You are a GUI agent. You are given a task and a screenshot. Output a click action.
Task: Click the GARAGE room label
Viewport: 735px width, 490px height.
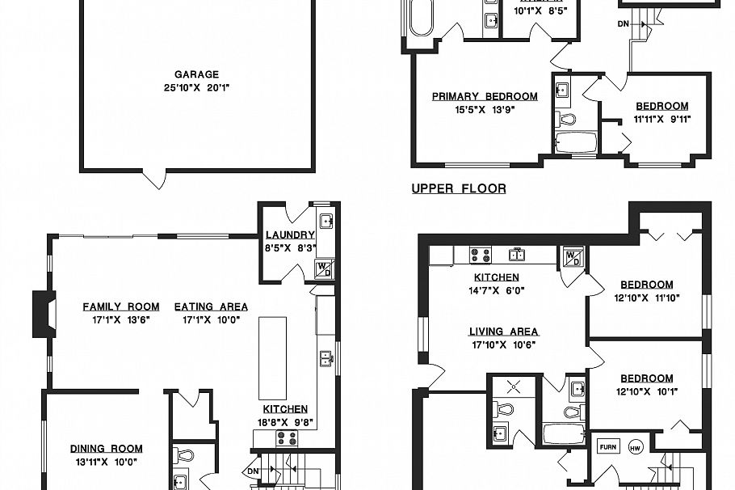[x=196, y=75]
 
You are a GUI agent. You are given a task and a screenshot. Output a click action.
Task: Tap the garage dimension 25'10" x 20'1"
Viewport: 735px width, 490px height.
[x=196, y=87]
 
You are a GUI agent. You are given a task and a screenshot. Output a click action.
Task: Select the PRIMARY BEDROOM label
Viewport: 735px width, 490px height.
[x=485, y=96]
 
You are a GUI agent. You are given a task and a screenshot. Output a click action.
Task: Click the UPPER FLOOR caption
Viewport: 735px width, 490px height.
[x=459, y=189]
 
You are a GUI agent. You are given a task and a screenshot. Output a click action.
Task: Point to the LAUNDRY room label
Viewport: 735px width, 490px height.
[x=290, y=235]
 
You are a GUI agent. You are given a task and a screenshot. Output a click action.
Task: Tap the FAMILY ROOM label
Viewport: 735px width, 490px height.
[x=120, y=306]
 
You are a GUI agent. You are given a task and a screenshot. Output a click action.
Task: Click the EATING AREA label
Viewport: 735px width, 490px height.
[x=211, y=306]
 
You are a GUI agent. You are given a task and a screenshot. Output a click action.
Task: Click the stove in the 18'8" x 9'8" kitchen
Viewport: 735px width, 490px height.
[x=287, y=437]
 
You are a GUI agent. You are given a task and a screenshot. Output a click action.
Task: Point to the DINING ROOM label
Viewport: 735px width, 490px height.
[x=106, y=449]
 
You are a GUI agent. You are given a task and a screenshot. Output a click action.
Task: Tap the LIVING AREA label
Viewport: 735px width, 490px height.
[x=503, y=332]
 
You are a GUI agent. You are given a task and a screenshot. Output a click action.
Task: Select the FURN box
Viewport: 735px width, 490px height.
[x=607, y=446]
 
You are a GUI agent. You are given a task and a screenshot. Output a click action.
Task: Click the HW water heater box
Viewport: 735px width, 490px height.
[x=635, y=446]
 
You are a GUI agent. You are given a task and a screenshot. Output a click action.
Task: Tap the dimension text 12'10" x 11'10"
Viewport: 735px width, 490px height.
[x=646, y=297]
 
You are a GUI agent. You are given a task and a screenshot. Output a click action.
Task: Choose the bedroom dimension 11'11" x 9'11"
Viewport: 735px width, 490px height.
[x=661, y=119]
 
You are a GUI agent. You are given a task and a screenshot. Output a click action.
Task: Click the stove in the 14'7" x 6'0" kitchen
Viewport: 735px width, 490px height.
[x=480, y=256]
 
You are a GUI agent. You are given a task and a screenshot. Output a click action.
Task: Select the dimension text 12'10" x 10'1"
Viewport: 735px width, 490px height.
[x=646, y=391]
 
